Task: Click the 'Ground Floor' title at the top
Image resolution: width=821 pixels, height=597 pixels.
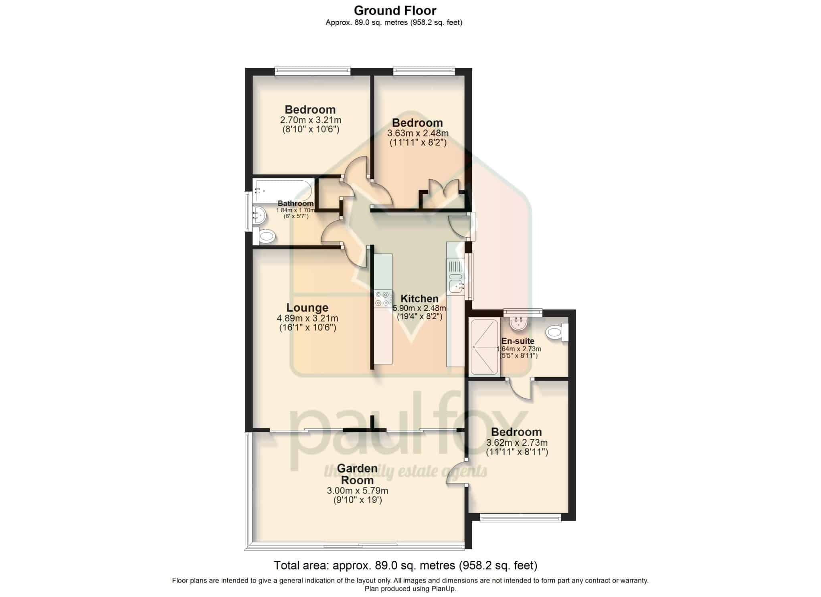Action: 395,10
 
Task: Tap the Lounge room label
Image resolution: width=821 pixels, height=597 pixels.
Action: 307,308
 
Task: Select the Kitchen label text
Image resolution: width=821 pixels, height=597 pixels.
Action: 419,299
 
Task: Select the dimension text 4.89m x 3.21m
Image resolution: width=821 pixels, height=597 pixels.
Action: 307,318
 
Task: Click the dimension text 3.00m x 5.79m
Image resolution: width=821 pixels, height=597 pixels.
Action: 358,491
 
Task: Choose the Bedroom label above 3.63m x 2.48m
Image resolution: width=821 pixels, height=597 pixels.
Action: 417,123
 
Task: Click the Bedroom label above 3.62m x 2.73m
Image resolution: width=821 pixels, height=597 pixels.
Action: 516,432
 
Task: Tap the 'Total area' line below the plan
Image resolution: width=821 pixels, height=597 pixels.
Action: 405,565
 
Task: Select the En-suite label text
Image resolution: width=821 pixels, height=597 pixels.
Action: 518,341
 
